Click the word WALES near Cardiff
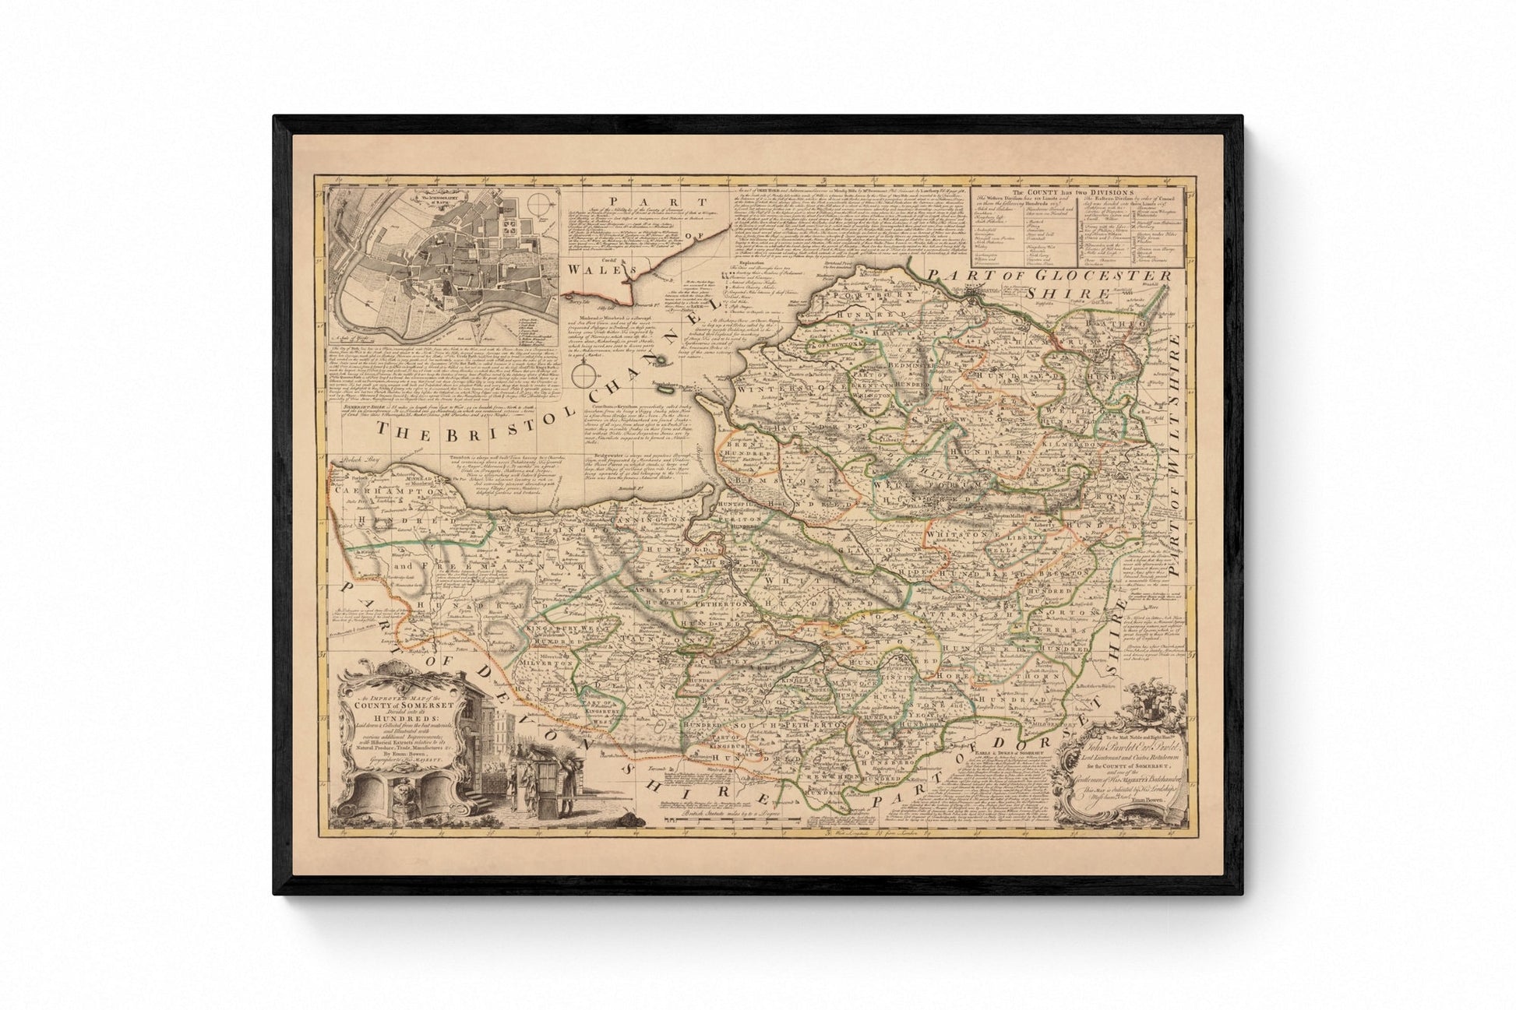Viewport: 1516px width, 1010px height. click(x=592, y=269)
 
